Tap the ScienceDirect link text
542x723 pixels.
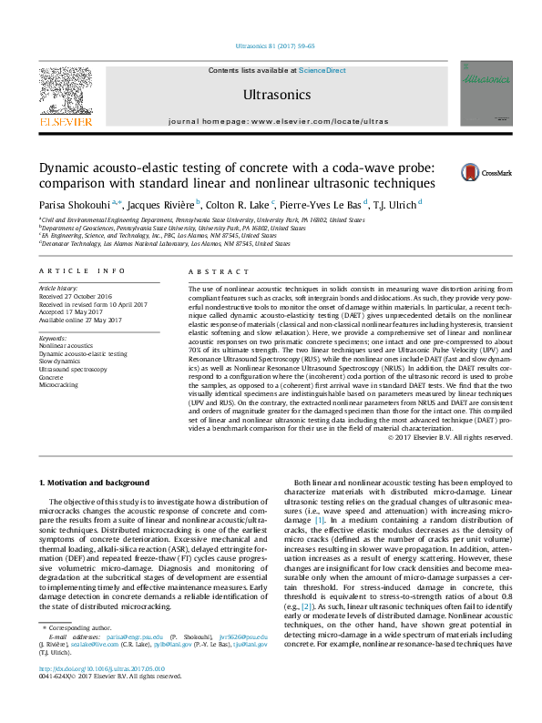click(323, 69)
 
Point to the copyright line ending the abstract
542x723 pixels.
click(450, 437)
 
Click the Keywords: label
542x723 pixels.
click(54, 338)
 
